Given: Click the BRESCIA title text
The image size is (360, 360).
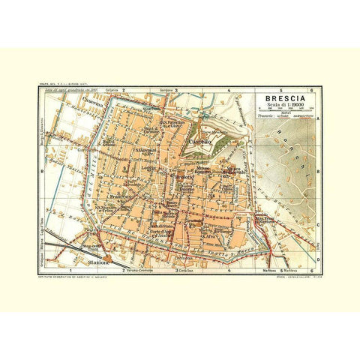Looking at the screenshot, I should [281, 97].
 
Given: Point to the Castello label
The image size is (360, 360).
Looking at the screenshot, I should [202, 141].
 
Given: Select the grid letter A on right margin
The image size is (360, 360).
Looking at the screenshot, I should [318, 119].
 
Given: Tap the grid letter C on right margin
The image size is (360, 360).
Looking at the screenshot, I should [318, 223].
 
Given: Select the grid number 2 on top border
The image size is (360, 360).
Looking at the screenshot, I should [124, 88].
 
